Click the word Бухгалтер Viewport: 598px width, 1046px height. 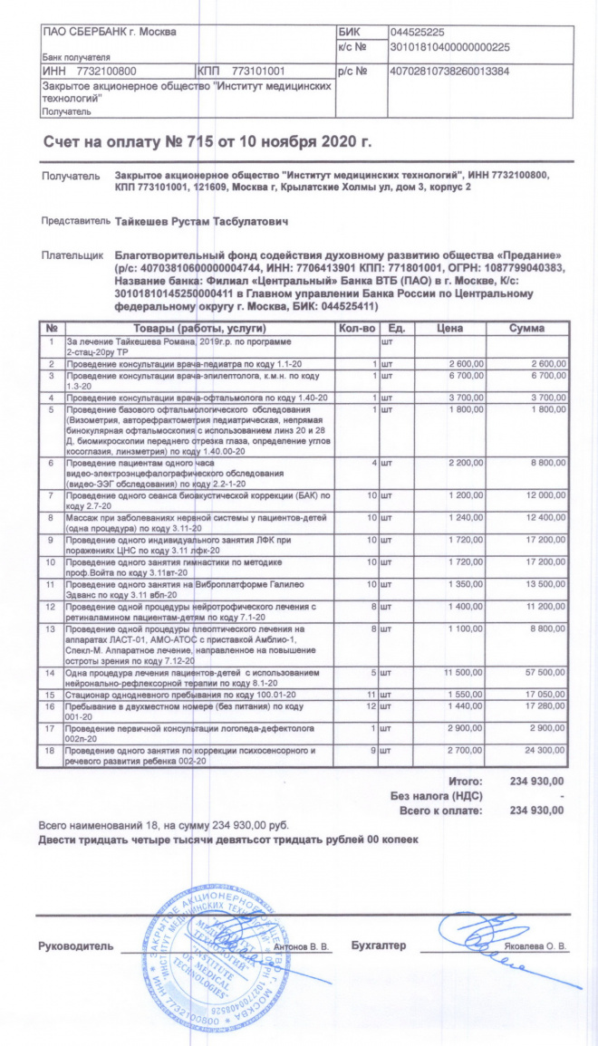tap(377, 945)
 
